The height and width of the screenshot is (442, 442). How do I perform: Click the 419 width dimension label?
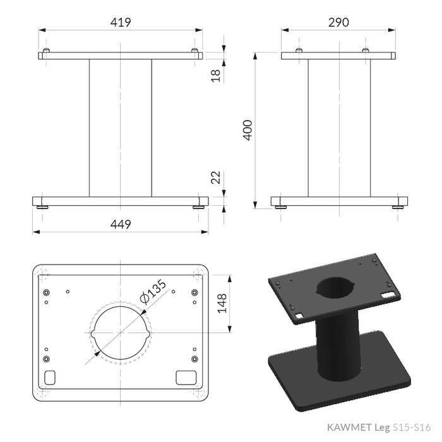(121, 22)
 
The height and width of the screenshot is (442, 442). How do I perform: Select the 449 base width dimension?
(121, 224)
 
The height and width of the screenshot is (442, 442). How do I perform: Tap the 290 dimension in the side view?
(338, 22)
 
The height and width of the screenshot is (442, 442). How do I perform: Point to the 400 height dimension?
(248, 130)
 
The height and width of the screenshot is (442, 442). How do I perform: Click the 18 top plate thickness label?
(216, 76)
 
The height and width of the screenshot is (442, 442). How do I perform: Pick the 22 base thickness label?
(216, 177)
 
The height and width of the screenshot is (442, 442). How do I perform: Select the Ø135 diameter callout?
(153, 292)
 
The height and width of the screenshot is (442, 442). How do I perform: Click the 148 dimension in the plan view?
(222, 303)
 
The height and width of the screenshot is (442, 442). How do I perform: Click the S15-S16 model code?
(412, 427)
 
